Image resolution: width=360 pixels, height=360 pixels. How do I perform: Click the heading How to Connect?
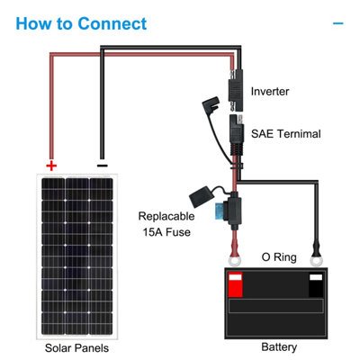[x=81, y=23]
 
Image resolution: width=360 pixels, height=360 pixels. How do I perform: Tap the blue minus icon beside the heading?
[x=338, y=23]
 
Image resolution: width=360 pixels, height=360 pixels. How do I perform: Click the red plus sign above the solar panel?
[x=51, y=166]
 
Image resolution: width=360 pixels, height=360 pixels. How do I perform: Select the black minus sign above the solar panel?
[x=103, y=166]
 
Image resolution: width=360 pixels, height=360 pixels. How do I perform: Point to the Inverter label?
[x=270, y=92]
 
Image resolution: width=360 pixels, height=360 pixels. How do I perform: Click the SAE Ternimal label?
[x=285, y=134]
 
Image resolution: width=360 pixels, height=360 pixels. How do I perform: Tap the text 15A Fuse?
[x=166, y=232]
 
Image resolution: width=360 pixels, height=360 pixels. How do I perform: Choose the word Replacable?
[x=166, y=216]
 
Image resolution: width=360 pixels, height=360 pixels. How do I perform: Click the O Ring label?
[x=279, y=257]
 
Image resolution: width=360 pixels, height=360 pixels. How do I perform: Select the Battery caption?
[x=279, y=346]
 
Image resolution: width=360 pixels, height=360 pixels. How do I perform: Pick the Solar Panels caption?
[x=76, y=348]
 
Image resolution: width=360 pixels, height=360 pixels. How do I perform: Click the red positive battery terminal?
[x=235, y=284]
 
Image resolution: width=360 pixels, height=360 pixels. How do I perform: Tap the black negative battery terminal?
[x=316, y=284]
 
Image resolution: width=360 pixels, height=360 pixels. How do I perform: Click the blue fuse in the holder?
[x=221, y=210]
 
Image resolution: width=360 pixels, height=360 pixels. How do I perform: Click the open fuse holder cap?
[x=200, y=197]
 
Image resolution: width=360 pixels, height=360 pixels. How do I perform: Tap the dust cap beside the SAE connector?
[x=211, y=104]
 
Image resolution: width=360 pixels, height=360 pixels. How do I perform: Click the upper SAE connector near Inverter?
[x=236, y=91]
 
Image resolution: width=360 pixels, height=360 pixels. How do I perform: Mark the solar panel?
[x=76, y=256]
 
